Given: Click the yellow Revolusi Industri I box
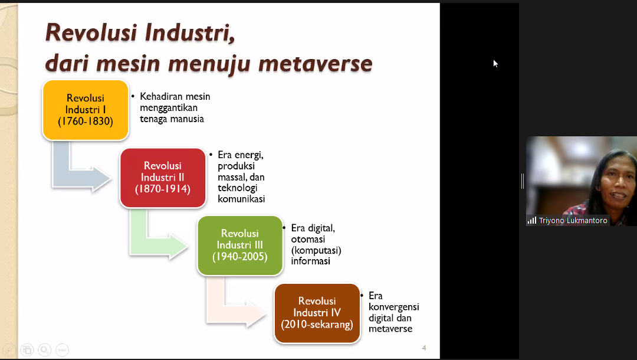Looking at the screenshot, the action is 86,110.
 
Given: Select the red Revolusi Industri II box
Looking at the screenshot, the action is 163,178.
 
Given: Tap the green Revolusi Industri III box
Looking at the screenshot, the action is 239,246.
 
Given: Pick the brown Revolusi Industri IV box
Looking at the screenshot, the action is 317,313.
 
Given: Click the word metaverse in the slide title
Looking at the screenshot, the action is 315,64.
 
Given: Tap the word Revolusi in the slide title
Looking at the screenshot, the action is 91,32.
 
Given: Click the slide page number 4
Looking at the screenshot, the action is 424,348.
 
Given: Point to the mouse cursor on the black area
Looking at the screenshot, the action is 495,63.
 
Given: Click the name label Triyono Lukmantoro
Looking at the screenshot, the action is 573,220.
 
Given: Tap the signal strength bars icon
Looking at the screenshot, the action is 532,221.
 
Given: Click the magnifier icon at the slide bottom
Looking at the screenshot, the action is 44,350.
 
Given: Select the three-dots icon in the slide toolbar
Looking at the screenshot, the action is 62,350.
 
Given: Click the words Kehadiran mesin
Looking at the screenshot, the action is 175,97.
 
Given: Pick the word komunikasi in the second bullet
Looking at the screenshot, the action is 241,199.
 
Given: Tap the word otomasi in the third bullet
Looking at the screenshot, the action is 308,240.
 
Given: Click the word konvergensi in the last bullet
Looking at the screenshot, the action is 393,307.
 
